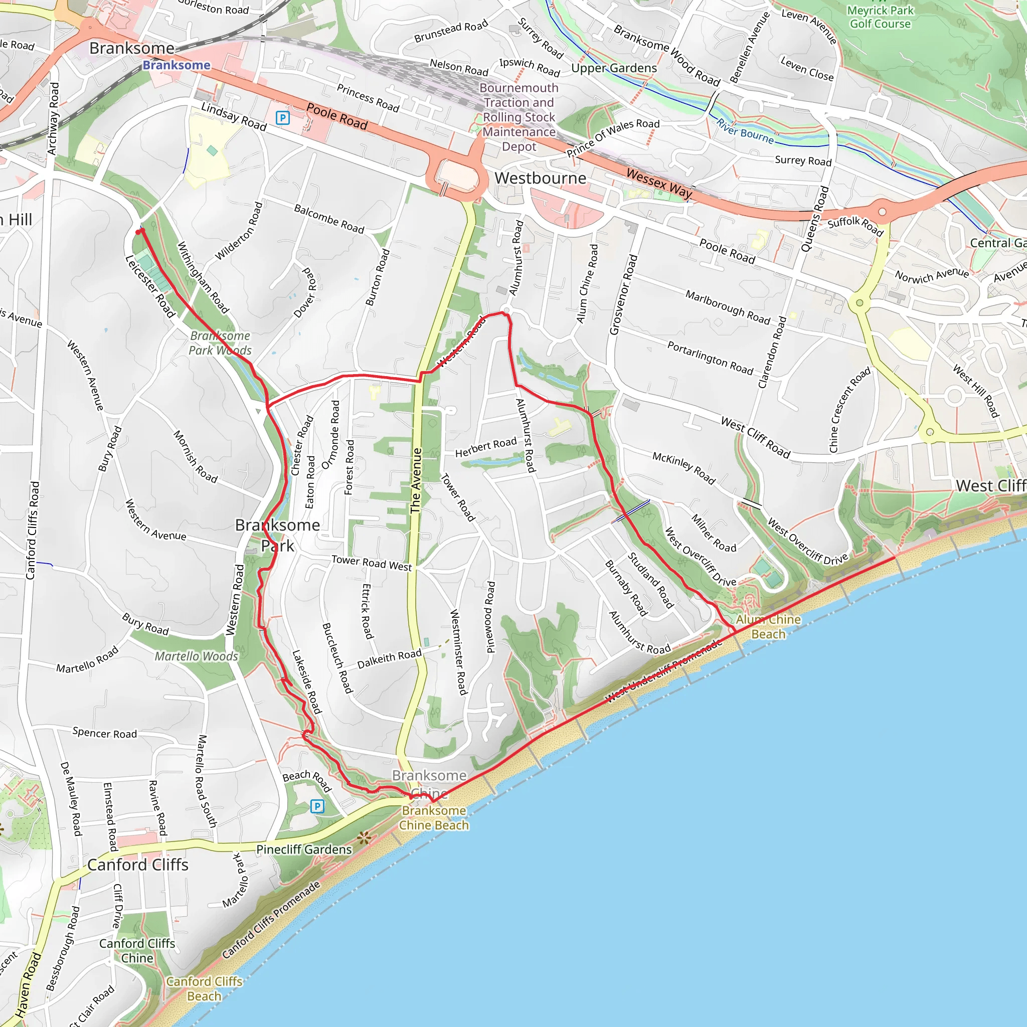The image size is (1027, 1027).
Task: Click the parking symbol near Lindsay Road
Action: click(283, 117)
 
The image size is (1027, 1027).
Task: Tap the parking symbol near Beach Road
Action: click(317, 806)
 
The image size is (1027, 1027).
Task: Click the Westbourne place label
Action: click(540, 178)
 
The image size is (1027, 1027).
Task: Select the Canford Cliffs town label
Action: click(138, 865)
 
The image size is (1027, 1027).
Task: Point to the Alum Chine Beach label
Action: click(768, 627)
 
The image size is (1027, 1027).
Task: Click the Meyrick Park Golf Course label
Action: click(880, 17)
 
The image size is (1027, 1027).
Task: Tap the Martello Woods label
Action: click(196, 656)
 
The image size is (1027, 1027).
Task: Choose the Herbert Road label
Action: click(486, 447)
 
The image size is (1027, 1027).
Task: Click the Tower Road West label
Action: click(372, 563)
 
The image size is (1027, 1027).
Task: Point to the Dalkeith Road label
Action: click(389, 659)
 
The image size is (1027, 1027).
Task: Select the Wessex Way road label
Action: click(659, 183)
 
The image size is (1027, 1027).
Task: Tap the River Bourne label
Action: click(744, 131)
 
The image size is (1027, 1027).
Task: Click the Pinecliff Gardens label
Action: click(304, 849)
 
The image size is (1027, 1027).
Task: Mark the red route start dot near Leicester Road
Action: click(139, 232)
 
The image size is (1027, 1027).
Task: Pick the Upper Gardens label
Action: click(614, 68)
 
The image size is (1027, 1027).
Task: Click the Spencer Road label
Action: click(105, 733)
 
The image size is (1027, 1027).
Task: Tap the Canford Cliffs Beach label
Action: click(204, 989)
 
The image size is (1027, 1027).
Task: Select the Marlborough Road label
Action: click(727, 307)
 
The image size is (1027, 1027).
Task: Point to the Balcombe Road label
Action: click(329, 219)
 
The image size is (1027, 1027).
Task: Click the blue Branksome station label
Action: click(177, 65)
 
